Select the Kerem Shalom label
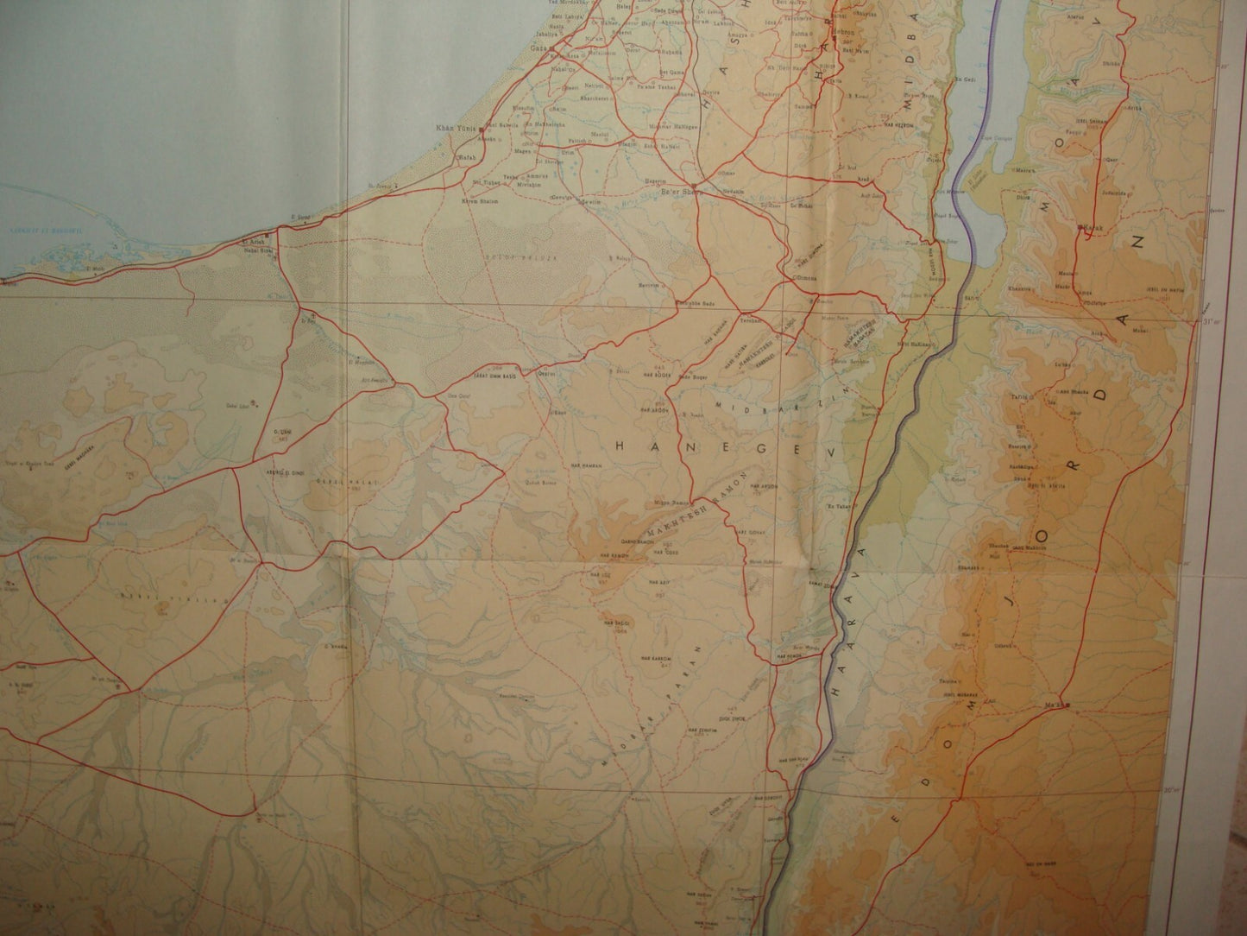point(486,200)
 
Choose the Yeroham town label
point(748,320)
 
